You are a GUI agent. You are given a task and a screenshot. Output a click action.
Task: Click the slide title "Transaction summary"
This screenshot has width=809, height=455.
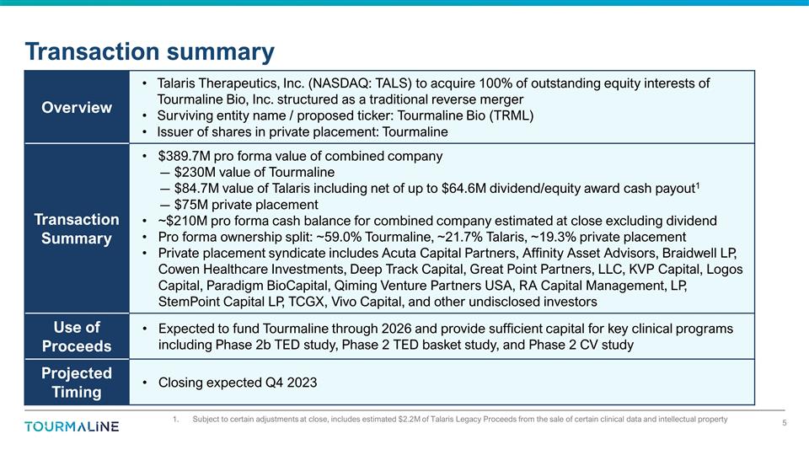pos(149,51)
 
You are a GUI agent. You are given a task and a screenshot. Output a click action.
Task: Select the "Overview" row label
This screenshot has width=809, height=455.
pos(78,107)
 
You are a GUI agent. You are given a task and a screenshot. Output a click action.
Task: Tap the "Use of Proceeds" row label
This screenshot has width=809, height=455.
pos(78,337)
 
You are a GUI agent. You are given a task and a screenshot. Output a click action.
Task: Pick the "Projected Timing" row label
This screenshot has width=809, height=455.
pos(78,383)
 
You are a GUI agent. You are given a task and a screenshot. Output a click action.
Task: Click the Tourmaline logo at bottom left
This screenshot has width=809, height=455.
pos(72,426)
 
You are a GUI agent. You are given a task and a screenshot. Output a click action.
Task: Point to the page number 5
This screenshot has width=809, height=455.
pos(784,423)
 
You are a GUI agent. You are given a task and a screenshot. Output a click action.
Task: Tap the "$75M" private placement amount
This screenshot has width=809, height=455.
pos(190,205)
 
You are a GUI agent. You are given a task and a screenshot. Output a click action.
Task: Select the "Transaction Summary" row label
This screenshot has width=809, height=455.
pos(78,228)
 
